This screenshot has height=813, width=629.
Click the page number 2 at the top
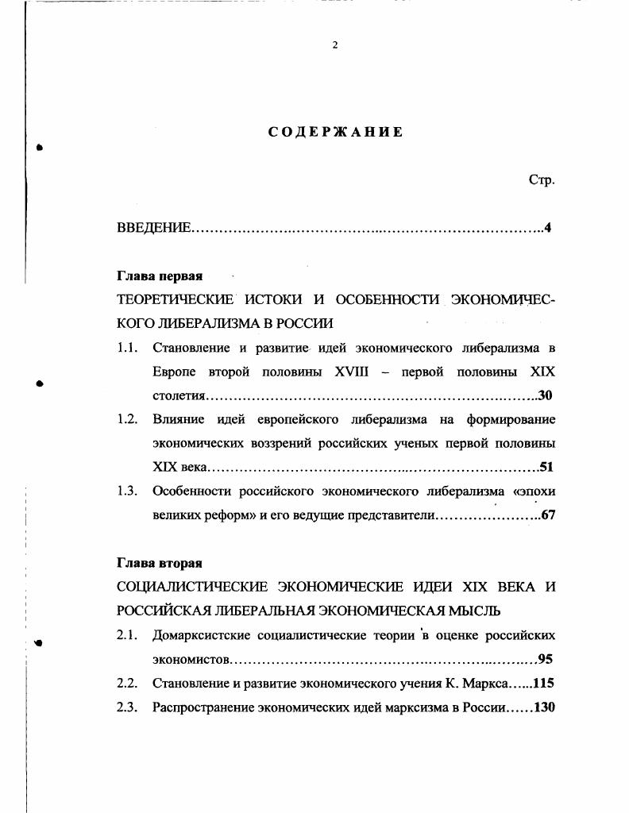334,45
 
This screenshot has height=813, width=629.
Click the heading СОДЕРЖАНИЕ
335,132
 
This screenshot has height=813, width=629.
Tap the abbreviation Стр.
542,180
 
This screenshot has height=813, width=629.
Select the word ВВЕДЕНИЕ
153,229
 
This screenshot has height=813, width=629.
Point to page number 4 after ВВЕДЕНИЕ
548,229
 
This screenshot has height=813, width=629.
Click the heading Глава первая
160,276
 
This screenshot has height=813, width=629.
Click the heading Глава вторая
160,563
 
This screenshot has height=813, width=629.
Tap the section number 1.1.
128,348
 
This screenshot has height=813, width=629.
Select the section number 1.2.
128,419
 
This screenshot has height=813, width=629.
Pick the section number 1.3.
128,491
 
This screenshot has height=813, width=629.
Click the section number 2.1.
128,635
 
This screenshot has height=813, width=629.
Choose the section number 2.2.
128,683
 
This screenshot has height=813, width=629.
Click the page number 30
545,395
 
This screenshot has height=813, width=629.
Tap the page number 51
546,467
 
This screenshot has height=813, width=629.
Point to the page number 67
546,515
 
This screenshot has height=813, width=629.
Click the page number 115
543,683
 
